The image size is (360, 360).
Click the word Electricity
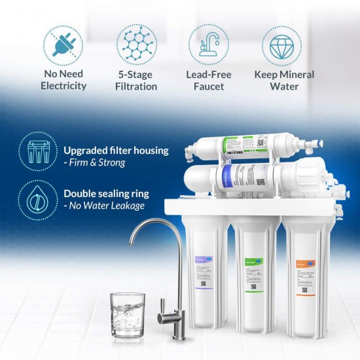[63, 86]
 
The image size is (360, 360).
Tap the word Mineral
[296, 75]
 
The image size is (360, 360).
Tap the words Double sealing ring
[106, 194]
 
